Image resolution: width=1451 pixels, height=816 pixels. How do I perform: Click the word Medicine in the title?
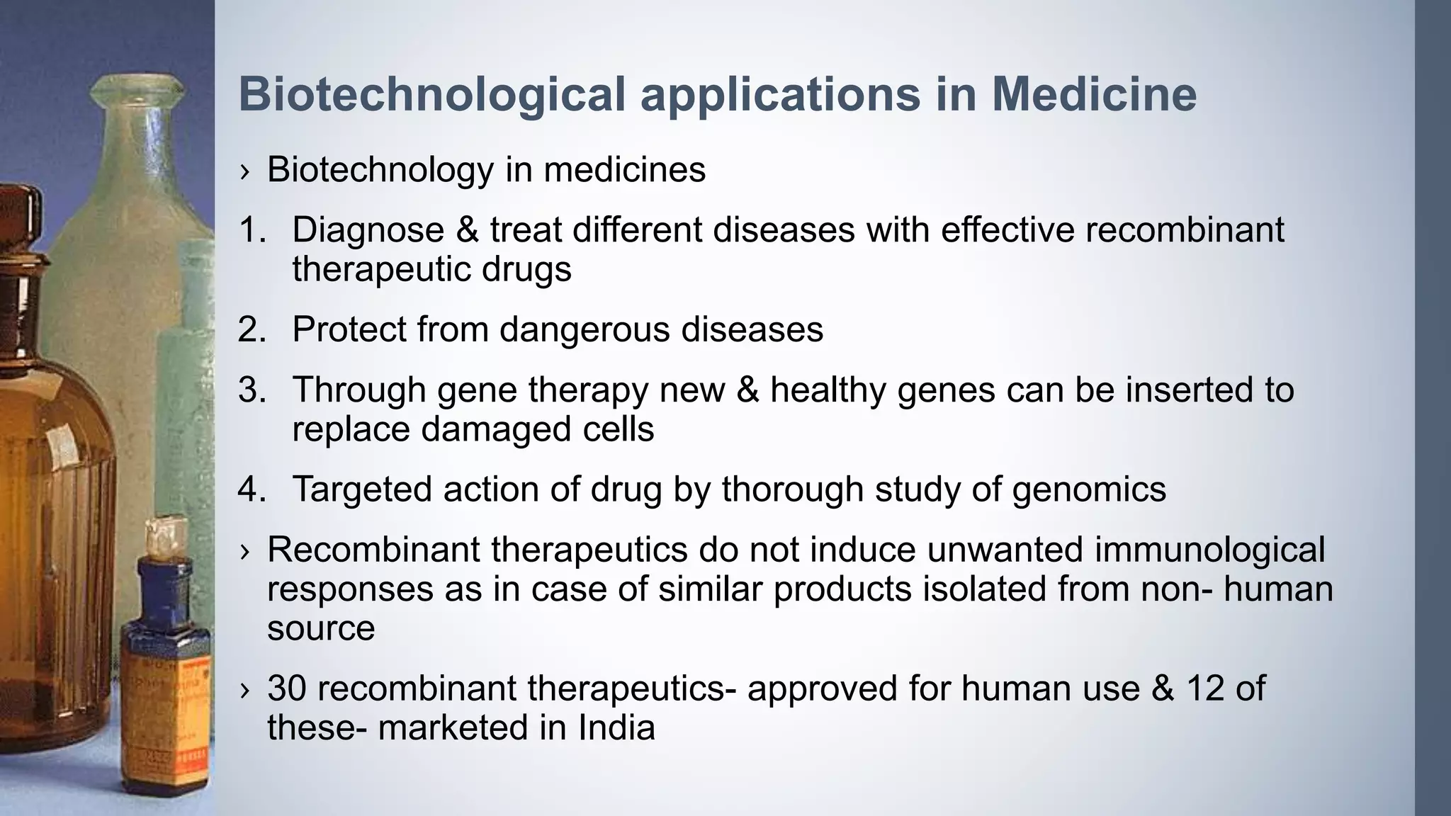1094,94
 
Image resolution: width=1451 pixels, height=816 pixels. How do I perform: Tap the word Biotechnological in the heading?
432,94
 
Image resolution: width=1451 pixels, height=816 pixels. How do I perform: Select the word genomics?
1089,489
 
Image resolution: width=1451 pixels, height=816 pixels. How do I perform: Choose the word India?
616,728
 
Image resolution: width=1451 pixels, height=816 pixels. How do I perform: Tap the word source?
321,628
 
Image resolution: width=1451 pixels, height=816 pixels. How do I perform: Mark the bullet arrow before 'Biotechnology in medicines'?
245,171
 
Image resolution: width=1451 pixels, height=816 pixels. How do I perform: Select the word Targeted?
361,489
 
